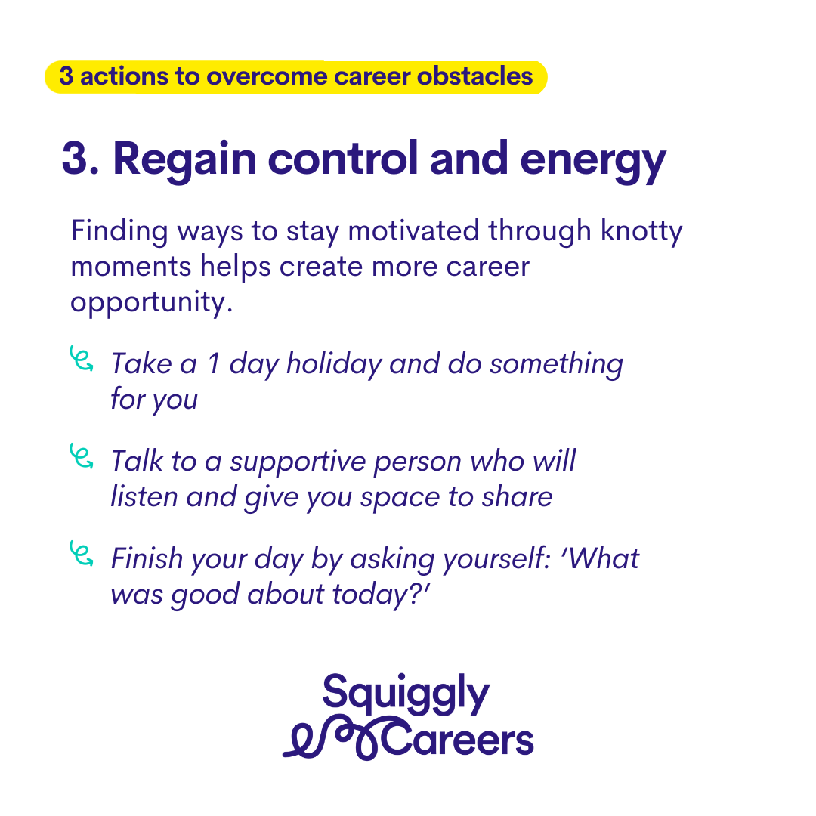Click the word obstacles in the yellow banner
[x=474, y=76]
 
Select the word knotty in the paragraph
[x=641, y=232]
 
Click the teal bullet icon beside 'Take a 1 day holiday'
[x=81, y=359]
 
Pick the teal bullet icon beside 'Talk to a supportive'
[x=81, y=456]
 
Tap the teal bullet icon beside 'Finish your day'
[x=81, y=554]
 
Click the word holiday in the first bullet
[x=334, y=364]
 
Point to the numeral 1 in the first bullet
[x=213, y=363]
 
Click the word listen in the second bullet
[x=144, y=496]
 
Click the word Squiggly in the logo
[x=406, y=694]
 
